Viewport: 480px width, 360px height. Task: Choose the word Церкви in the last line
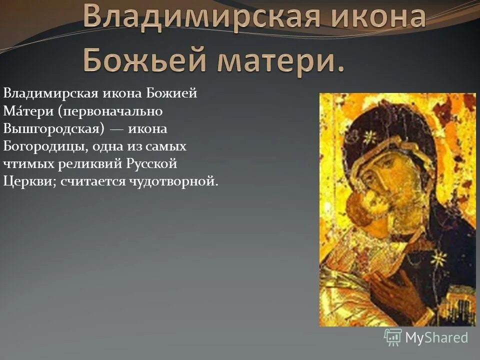[29, 181]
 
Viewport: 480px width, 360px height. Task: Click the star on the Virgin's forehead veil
[369, 136]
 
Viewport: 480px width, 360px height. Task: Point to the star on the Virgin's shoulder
[438, 258]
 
